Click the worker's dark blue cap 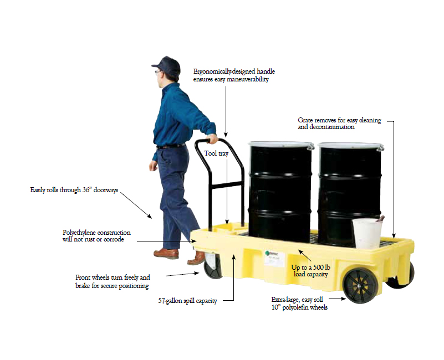click(167, 65)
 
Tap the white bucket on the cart click(367, 233)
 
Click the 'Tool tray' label click(216, 153)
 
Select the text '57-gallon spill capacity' click(187, 301)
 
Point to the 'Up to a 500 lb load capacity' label click(310, 271)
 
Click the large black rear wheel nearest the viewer click(360, 285)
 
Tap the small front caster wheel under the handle click(212, 266)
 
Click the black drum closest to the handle click(280, 192)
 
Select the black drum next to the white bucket click(350, 192)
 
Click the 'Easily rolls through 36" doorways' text click(74, 190)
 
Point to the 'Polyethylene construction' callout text click(96, 236)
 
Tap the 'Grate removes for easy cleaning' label click(339, 124)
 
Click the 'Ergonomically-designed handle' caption click(234, 75)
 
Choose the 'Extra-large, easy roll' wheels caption click(299, 304)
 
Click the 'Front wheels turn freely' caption click(113, 281)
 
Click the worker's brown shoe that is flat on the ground click(166, 253)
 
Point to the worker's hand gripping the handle click(213, 138)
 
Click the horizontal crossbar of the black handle click(226, 186)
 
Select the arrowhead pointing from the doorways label click(150, 216)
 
